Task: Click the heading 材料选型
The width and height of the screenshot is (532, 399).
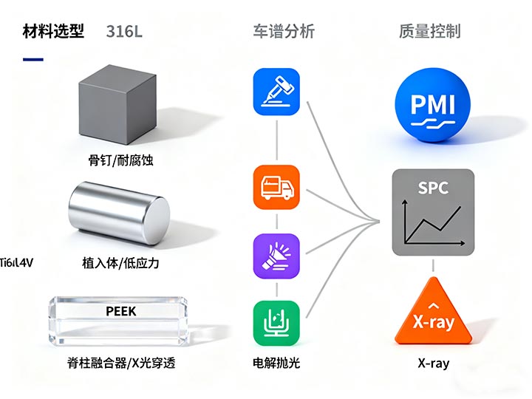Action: click(53, 31)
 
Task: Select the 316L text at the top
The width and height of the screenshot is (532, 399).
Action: click(124, 31)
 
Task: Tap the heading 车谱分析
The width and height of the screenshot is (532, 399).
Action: click(284, 31)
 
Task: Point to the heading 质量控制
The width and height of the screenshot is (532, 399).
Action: click(429, 31)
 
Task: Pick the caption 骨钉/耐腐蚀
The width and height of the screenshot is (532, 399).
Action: click(120, 160)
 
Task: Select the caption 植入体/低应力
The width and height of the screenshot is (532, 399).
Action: click(120, 263)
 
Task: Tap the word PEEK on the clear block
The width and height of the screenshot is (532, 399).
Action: click(121, 311)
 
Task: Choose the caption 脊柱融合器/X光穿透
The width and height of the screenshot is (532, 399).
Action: click(120, 363)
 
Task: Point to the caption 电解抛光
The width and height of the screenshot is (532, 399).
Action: click(276, 363)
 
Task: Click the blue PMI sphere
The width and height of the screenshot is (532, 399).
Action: click(433, 104)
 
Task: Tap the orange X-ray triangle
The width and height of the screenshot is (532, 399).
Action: click(433, 314)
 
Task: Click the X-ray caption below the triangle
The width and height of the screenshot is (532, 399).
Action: click(433, 363)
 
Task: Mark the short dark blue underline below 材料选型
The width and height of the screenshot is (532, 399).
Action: click(33, 59)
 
